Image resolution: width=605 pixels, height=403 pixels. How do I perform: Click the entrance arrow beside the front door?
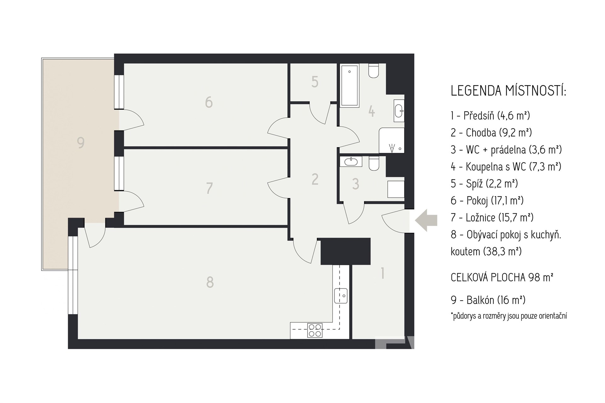pos(426,220)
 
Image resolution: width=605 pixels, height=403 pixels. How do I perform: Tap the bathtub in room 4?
pos(349,85)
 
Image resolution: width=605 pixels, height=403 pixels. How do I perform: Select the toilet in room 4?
pos(374,70)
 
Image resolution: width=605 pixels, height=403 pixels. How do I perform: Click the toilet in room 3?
pos(374,163)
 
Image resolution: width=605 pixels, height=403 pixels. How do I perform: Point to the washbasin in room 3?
pos(351,162)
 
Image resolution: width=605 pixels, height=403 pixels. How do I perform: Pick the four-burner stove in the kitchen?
pos(315,330)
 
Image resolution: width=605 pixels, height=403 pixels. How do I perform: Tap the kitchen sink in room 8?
pos(341,296)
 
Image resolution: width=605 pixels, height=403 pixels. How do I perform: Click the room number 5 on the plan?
pos(315,82)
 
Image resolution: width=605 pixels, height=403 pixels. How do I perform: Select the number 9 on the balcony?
pos(81,143)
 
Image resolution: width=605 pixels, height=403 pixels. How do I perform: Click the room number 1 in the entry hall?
pos(383,273)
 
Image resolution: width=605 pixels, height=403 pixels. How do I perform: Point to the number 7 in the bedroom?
pos(209,188)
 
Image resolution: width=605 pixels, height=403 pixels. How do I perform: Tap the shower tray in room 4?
pos(392,140)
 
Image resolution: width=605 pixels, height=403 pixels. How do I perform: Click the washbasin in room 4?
pos(399,110)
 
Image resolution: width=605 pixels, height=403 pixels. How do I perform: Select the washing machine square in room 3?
pos(396,189)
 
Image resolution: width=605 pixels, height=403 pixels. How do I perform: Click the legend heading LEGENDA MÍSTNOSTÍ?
pos(508,91)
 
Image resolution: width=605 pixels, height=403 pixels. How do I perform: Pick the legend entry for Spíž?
pos(484,183)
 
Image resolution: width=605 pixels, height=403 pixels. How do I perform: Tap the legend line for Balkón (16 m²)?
pos(488,300)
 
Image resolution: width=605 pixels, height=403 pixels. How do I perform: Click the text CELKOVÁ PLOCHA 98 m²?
pos(502,277)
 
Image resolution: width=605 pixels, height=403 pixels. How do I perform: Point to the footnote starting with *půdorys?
pos(509,316)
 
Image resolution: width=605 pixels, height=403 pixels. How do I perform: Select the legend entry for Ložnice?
pos(492,217)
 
